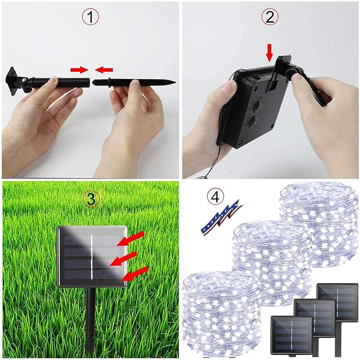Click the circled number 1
[x=90, y=17]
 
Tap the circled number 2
[x=270, y=17]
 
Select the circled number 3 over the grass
[x=91, y=199]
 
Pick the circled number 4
[x=215, y=197]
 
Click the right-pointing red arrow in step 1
[x=79, y=70]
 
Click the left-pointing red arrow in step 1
[x=104, y=70]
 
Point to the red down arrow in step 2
[x=270, y=55]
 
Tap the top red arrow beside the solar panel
[x=131, y=238]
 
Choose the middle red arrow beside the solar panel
[x=124, y=258]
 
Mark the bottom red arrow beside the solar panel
[x=135, y=274]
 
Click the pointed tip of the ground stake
[x=175, y=82]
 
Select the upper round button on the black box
[x=257, y=106]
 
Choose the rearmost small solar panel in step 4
[x=337, y=302]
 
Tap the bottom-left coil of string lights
[x=222, y=314]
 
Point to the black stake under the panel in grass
[x=91, y=321]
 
